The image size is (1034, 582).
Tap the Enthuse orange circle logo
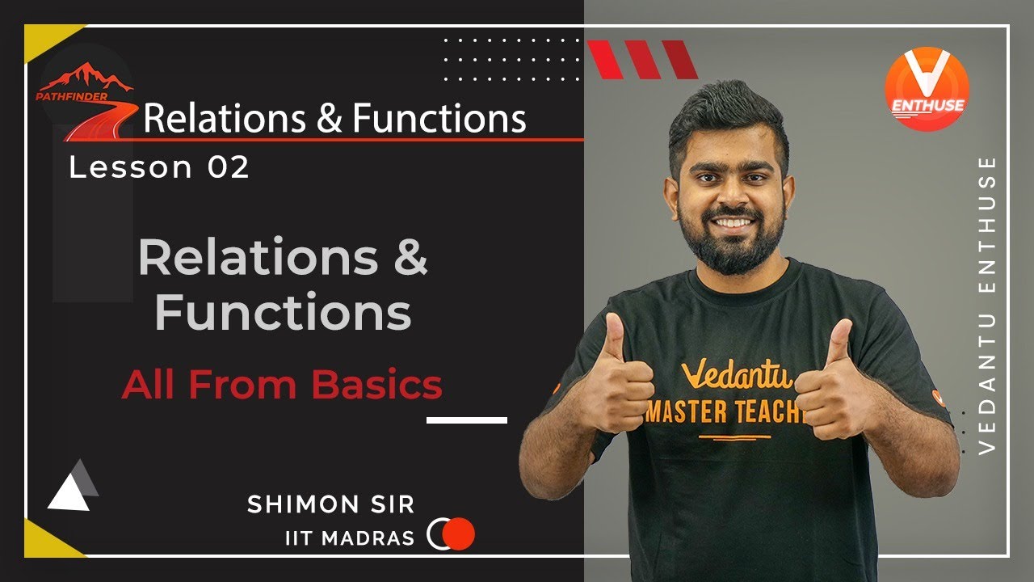pyautogui.click(x=927, y=89)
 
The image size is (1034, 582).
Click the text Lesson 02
pyautogui.click(x=159, y=167)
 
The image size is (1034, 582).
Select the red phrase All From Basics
pyautogui.click(x=282, y=385)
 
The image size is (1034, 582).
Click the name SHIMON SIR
pyautogui.click(x=330, y=504)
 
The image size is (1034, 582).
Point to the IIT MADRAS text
pyautogui.click(x=350, y=538)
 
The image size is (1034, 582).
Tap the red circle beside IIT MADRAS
pyautogui.click(x=460, y=533)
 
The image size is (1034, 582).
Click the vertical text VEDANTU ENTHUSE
pyautogui.click(x=987, y=305)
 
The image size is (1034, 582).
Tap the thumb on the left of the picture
pyautogui.click(x=614, y=339)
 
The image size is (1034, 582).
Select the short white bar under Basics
pyautogui.click(x=466, y=420)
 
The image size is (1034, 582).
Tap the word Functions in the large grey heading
pyautogui.click(x=283, y=314)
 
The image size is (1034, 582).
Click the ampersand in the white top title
pyautogui.click(x=330, y=119)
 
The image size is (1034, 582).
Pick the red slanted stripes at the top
pyautogui.click(x=641, y=60)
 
